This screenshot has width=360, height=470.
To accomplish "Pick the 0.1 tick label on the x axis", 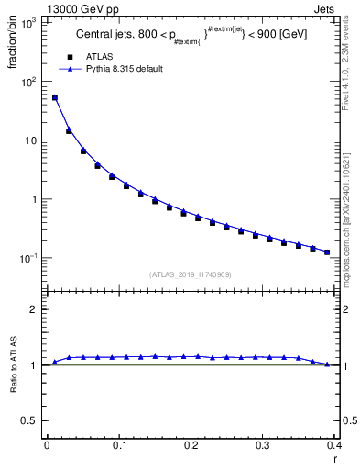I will pyautogui.click(x=119, y=445).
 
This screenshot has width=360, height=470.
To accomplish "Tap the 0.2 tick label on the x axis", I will pyautogui.click(x=191, y=445).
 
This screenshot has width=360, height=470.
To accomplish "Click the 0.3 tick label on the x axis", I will pyautogui.click(x=263, y=445).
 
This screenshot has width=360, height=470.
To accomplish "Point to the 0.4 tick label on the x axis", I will pyautogui.click(x=335, y=445).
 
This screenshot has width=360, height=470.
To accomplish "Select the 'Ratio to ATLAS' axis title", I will pyautogui.click(x=12, y=366).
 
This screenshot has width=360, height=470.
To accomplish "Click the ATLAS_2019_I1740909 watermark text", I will pyautogui.click(x=191, y=274).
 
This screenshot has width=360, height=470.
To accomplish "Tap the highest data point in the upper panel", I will pyautogui.click(x=54, y=97).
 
